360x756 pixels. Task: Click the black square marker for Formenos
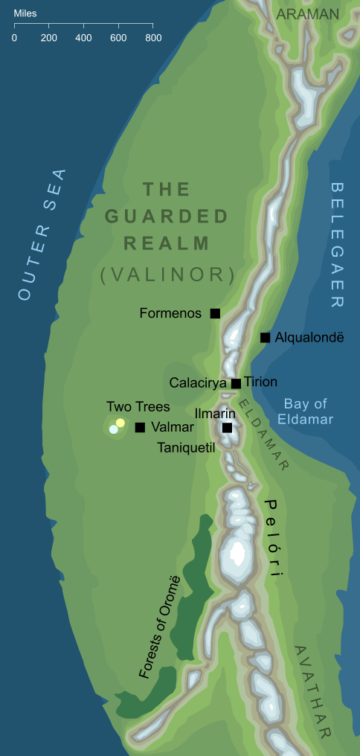215,313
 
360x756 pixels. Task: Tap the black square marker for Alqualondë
265,338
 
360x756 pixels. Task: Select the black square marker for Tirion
236,383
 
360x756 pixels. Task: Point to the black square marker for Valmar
140,427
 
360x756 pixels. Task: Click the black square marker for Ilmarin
227,428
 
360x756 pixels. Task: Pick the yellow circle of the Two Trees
120,423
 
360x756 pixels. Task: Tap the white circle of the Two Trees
113,429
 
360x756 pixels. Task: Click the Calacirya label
198,383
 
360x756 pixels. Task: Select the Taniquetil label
186,448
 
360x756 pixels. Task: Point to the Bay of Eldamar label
305,411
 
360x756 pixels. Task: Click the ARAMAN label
307,14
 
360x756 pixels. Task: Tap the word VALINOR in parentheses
167,275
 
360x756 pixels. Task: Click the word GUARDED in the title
167,217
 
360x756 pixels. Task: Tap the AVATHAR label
312,692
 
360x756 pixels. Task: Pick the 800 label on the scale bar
152,38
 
